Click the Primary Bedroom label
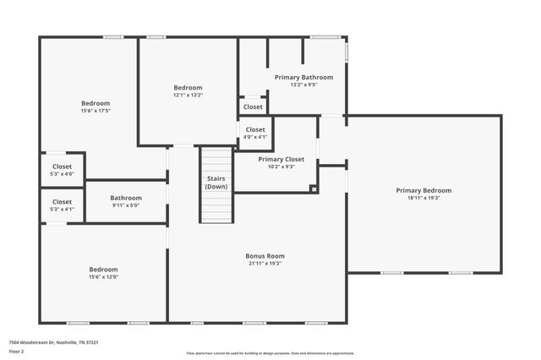tap(424, 190)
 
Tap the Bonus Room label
tap(265, 256)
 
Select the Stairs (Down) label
tap(216, 183)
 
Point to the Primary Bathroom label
tap(303, 77)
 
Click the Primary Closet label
tap(281, 159)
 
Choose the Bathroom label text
tap(125, 198)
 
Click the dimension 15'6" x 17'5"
tap(96, 111)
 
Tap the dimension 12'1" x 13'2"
tap(188, 95)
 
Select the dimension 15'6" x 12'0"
tap(103, 277)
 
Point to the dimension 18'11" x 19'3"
tap(424, 198)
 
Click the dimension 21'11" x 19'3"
tap(265, 264)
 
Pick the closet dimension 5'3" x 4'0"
tap(63, 174)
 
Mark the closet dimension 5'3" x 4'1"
tap(63, 210)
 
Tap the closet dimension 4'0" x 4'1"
tap(254, 137)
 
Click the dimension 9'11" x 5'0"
tap(125, 205)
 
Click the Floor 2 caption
tap(16, 351)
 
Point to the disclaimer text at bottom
tap(270, 352)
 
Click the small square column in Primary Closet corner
tap(313, 188)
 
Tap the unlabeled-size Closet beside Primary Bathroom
tap(253, 107)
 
